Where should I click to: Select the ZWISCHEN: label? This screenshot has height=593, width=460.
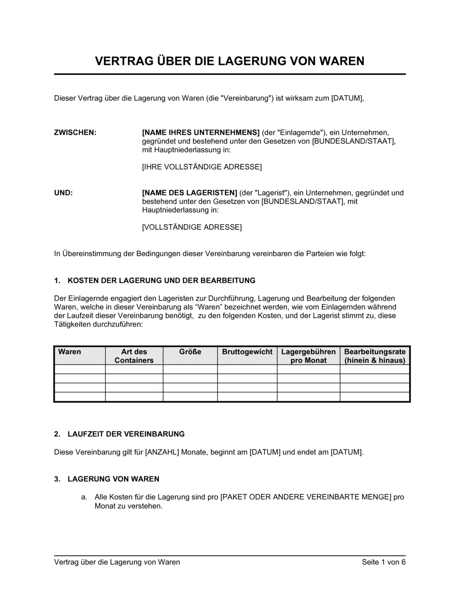click(x=75, y=132)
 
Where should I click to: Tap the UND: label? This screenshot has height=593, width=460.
click(x=63, y=193)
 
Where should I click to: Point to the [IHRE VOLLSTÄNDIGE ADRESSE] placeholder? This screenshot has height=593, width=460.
click(x=202, y=167)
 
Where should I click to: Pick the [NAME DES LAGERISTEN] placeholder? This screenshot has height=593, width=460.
click(x=190, y=193)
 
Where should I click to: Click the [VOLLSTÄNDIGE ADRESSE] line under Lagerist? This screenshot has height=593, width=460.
click(x=192, y=227)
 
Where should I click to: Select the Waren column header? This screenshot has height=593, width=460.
click(x=69, y=352)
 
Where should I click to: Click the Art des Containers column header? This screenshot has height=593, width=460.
click(x=134, y=356)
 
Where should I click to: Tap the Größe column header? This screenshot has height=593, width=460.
click(x=190, y=352)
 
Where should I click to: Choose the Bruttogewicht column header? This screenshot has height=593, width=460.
click(x=247, y=352)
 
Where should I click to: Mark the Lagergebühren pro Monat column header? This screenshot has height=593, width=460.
click(x=308, y=356)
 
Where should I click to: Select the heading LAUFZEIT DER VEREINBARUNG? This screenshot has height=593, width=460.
click(x=126, y=434)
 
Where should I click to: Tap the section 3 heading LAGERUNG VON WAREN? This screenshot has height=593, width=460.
click(x=113, y=479)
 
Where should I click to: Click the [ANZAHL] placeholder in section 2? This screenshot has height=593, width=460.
click(x=162, y=452)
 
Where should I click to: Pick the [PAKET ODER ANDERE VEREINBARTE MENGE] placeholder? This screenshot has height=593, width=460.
click(x=306, y=497)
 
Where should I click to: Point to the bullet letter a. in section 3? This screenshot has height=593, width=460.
click(x=84, y=497)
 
